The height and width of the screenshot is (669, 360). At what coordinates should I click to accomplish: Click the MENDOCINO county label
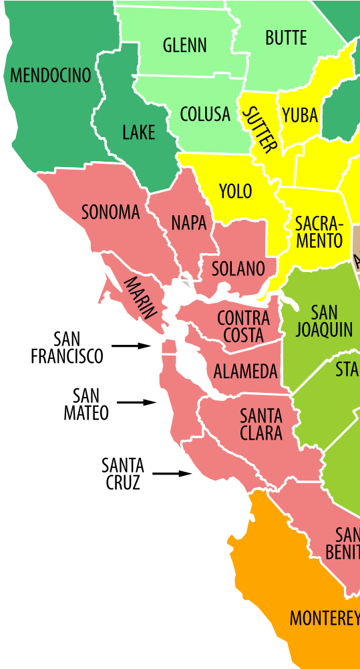tap(51, 76)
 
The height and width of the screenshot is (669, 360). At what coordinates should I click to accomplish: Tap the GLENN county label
tap(185, 45)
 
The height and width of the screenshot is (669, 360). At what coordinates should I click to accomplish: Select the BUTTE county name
tap(286, 38)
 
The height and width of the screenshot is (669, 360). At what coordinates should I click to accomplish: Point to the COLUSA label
tap(205, 114)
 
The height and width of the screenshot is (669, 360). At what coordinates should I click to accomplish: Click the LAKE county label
tap(139, 132)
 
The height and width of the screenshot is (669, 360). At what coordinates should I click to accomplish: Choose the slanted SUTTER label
tap(259, 130)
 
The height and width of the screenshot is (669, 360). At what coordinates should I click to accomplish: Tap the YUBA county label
tap(300, 116)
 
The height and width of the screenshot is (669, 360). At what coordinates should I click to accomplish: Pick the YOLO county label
tap(236, 192)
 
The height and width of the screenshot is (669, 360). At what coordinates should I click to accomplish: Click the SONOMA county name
tap(111, 213)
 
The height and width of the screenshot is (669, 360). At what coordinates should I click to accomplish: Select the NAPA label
tap(189, 223)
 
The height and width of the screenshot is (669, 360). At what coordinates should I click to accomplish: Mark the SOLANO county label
tap(238, 269)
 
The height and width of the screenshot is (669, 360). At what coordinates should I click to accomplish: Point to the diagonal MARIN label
tap(141, 297)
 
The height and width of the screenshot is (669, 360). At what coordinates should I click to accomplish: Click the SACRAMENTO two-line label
tap(319, 232)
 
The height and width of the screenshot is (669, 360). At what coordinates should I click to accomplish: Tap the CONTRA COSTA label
tap(243, 326)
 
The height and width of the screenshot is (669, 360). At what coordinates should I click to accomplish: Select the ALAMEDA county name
tap(245, 372)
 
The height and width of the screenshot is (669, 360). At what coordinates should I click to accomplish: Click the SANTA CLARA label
tap(261, 424)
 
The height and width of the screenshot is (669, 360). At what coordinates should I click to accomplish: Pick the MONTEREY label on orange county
tap(324, 619)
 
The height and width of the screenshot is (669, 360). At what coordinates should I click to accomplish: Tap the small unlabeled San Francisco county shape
tap(170, 347)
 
